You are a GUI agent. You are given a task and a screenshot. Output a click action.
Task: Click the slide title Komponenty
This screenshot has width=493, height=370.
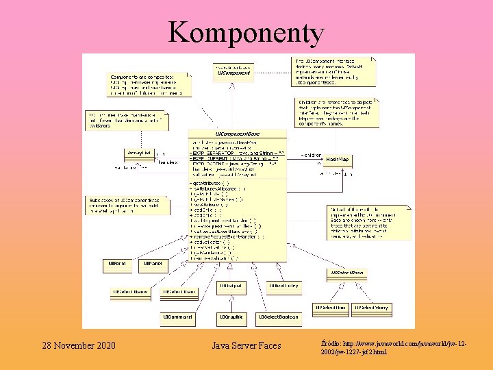pos(246,32)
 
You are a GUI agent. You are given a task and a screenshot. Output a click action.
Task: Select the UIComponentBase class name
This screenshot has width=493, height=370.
pos(238,133)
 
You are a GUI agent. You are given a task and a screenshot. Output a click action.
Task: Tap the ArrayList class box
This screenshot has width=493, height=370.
pos(140,152)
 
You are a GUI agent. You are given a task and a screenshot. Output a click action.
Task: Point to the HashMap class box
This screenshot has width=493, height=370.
pos(337,159)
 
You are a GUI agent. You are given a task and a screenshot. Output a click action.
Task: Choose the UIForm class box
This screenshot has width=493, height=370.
pos(117,263)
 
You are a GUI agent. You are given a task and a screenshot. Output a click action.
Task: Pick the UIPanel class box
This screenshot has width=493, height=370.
pos(151,263)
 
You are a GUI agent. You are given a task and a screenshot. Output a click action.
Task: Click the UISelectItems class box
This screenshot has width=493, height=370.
pos(130,293)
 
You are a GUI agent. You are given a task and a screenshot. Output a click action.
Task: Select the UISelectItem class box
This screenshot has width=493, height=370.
pos(179,293)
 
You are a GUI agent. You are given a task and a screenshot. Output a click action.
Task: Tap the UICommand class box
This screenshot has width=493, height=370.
pos(177,317)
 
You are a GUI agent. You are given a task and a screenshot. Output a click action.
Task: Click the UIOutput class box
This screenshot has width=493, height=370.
pos(232,285)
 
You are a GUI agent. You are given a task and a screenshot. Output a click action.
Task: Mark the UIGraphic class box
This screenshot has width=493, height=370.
pos(232,317)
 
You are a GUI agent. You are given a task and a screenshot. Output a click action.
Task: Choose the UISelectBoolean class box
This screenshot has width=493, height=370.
pos(278,317)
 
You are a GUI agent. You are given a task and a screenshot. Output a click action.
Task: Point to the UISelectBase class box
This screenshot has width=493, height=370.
pos(347,273)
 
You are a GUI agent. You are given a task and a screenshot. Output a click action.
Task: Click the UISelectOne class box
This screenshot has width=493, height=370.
pos(331,308)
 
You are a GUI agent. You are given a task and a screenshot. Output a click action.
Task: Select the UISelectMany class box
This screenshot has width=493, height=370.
pos(371,308)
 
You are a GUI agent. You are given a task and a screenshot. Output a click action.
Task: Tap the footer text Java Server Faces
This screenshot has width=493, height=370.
pos(246,345)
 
